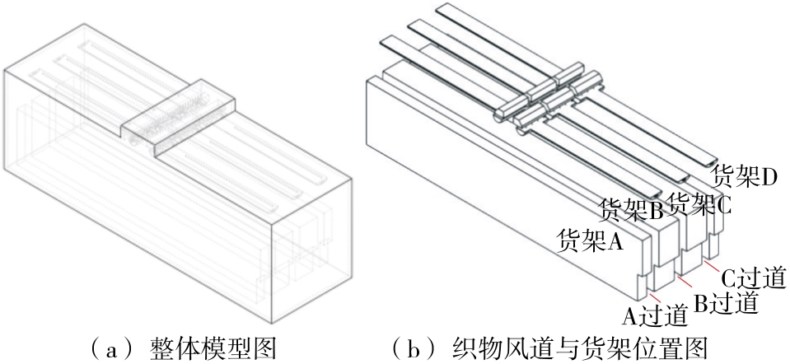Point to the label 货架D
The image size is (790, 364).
click(x=746, y=175)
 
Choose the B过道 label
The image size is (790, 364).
click(x=724, y=301)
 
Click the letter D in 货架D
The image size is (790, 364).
click(x=771, y=175)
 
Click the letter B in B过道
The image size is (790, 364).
click(x=700, y=302)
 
